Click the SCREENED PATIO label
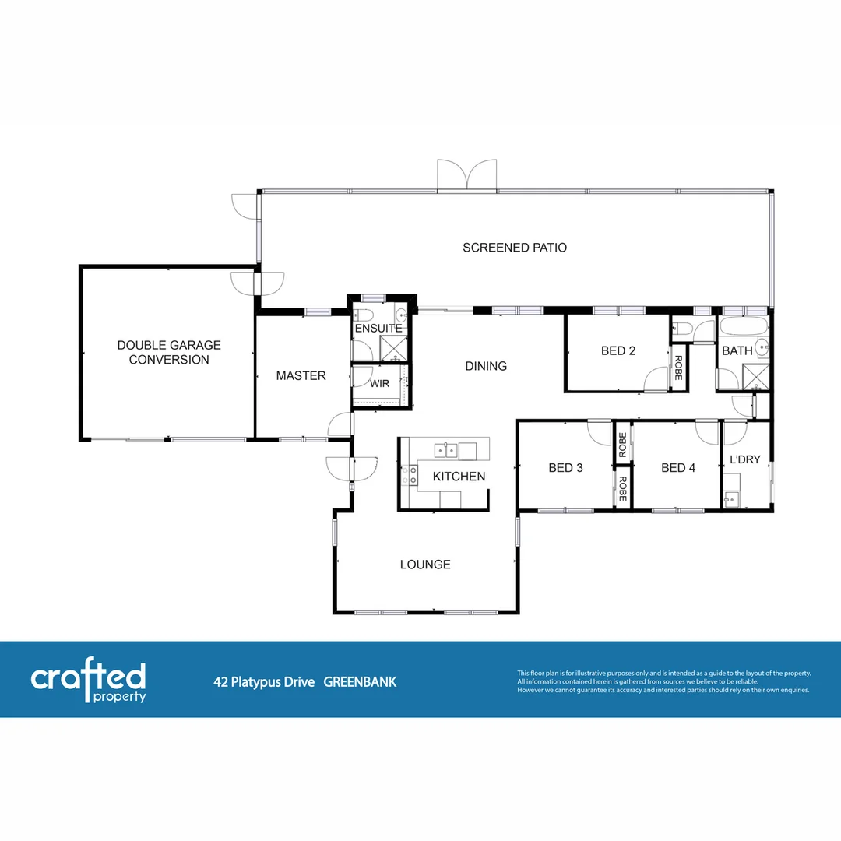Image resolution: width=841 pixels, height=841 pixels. [x=515, y=248]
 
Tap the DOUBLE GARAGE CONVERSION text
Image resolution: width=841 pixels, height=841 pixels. [x=169, y=352]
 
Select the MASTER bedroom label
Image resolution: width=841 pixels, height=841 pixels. [x=301, y=376]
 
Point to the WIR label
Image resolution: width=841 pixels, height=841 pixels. [x=379, y=384]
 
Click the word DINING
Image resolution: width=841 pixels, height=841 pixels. [x=486, y=366]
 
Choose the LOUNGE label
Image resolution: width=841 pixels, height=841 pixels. [x=425, y=565]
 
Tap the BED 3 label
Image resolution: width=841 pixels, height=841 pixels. [x=565, y=468]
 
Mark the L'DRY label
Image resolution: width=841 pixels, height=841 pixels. [x=744, y=459]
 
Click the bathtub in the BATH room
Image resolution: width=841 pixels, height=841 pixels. [x=743, y=325]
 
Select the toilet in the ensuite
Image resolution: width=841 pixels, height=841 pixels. [x=361, y=315]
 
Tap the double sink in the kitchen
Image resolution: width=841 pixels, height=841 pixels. [x=445, y=449]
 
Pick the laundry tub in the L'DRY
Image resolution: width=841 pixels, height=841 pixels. [x=731, y=498]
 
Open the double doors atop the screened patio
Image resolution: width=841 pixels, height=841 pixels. [x=466, y=174]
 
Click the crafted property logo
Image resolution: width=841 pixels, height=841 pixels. [x=88, y=681]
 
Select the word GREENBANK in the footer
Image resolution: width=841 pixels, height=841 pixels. [x=360, y=682]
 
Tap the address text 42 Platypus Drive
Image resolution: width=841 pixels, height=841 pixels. [x=264, y=682]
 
